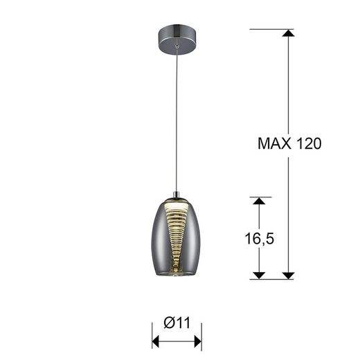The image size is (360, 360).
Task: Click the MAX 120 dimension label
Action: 290,144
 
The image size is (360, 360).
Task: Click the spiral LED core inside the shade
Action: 177,239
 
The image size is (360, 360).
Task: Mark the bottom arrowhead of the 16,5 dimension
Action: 260,274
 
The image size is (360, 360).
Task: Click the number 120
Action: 308,144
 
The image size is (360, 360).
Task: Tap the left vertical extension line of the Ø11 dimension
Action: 152,336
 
